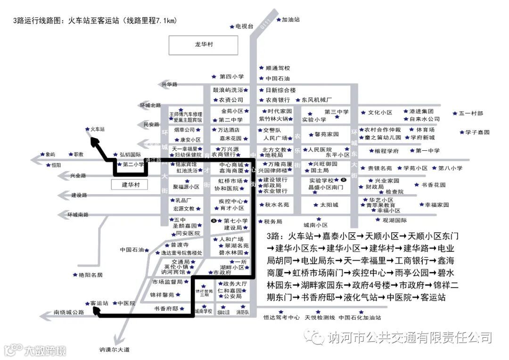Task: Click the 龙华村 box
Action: pyautogui.click(x=204, y=44)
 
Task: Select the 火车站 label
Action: pyautogui.click(x=97, y=129)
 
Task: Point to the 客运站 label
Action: pyautogui.click(x=99, y=303)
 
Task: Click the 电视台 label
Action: pyautogui.click(x=245, y=26)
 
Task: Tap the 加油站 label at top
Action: pyautogui.click(x=291, y=20)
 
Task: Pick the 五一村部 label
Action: pyautogui.click(x=471, y=114)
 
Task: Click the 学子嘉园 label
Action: pyautogui.click(x=477, y=132)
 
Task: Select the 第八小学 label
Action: pyautogui.click(x=451, y=168)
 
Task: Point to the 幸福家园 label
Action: pyautogui.click(x=437, y=205)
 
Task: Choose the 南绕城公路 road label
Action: pyautogui.click(x=69, y=312)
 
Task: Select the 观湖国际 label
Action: pyautogui.click(x=394, y=220)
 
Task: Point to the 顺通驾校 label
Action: pyautogui.click(x=278, y=68)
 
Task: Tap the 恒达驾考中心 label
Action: pyautogui.click(x=281, y=318)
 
